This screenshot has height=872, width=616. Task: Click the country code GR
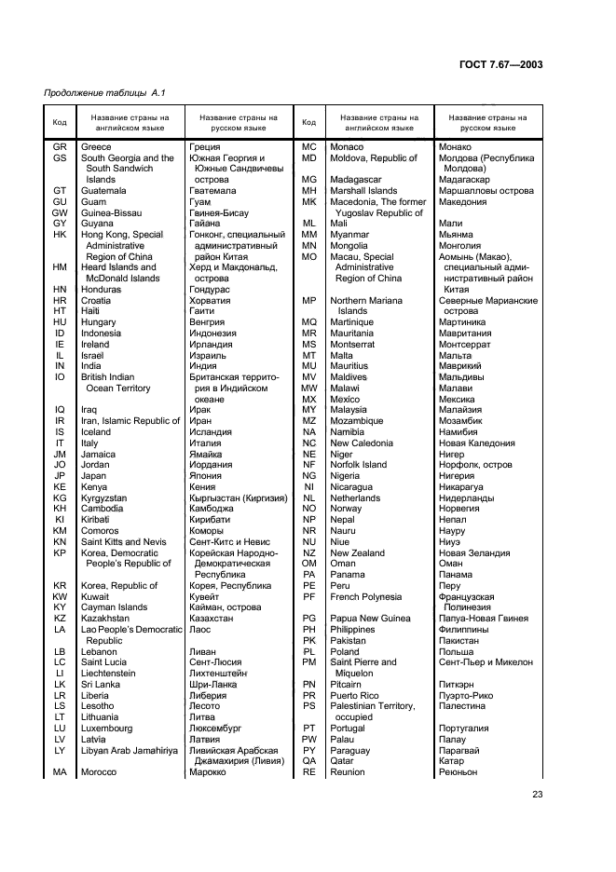pyautogui.click(x=60, y=147)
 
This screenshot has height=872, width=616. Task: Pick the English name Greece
pyautogui.click(x=96, y=147)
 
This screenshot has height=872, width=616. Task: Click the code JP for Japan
pyautogui.click(x=60, y=475)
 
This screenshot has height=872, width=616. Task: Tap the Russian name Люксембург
pyautogui.click(x=215, y=728)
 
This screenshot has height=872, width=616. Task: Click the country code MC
pyautogui.click(x=309, y=147)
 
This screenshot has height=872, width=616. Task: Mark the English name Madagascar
pyautogui.click(x=356, y=180)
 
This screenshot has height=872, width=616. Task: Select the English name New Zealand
pyautogui.click(x=357, y=552)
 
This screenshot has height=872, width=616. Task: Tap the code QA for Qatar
pyautogui.click(x=309, y=760)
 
